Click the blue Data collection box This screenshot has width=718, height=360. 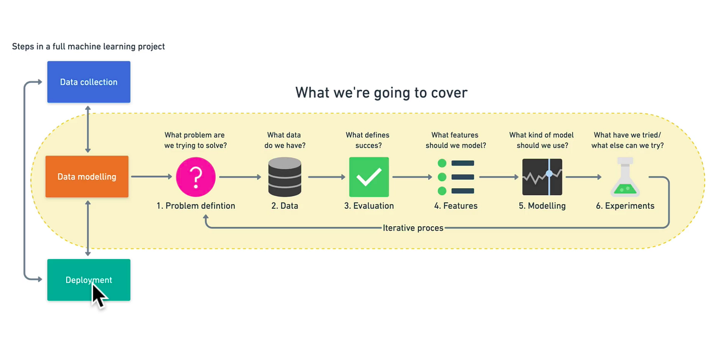pos(89,82)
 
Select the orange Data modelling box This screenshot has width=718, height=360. pos(87,177)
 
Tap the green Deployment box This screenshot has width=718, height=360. pos(89,280)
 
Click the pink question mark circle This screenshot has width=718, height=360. pos(196,177)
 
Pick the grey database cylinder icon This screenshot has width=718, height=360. pos(284,177)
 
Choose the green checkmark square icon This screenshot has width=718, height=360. pos(369,177)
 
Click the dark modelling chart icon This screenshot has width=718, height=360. pos(542,177)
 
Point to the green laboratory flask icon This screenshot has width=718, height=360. pos(625,177)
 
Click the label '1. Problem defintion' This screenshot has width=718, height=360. pos(196,206)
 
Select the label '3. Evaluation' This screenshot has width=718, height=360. pos(369,206)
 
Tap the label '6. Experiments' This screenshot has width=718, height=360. pos(625,206)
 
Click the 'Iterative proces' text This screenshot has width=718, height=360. pos(413,228)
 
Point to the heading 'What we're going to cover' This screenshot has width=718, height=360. pos(381,93)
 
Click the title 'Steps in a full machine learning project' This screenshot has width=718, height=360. pos(88,47)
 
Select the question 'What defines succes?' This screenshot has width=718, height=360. pos(368,140)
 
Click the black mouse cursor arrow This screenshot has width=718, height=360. pos(98,296)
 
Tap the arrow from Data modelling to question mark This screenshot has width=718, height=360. pos(152,177)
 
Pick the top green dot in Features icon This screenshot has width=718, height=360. pos(442,163)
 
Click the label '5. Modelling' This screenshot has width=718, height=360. pos(542,206)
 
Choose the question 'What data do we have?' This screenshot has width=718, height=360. pos(284,140)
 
